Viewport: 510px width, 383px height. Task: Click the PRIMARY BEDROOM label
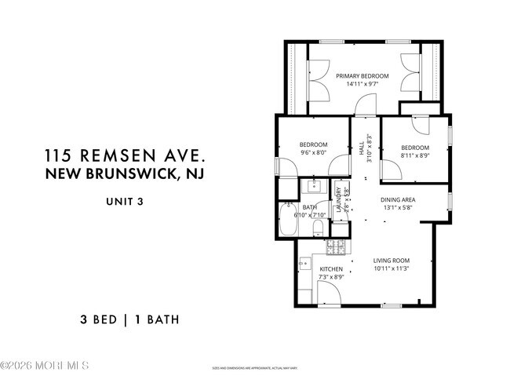(362, 76)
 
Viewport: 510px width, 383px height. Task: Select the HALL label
(362, 148)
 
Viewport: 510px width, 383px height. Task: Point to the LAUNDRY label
(338, 201)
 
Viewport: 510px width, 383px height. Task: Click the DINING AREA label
(398, 199)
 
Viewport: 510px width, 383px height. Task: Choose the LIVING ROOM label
(391, 261)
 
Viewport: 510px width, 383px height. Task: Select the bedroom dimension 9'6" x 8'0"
(313, 153)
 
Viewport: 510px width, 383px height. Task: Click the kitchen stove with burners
(334, 248)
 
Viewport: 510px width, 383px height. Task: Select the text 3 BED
(97, 319)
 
